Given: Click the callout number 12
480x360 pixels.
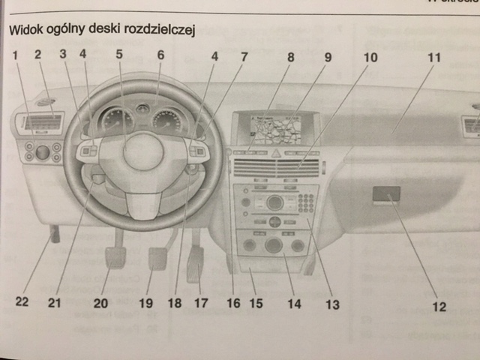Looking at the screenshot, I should point(439,306).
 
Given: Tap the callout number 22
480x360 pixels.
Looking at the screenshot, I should point(24,303).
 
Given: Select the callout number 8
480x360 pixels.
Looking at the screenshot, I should point(290,55).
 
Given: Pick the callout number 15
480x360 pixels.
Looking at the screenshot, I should point(255,304).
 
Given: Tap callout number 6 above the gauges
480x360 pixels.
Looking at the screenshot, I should point(160,54).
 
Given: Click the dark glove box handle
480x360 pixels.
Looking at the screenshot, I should point(386,194).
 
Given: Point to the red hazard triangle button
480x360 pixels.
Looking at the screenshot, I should point(275,153).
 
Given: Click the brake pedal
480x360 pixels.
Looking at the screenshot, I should point(158,259).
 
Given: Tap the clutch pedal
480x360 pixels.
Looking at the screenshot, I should point(115,257).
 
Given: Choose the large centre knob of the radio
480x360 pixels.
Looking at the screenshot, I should point(274,202).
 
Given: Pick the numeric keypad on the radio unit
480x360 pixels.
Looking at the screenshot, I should point(306,202).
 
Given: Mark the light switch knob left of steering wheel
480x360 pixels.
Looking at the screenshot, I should point(42,152).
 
